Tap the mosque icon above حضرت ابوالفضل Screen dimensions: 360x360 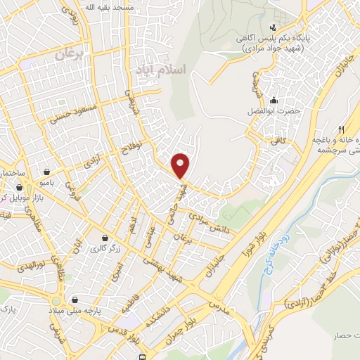274,98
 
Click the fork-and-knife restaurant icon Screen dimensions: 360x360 341,129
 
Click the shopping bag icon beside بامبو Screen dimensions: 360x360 46,171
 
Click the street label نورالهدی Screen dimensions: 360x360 31,267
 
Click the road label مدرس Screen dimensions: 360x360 219,307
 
